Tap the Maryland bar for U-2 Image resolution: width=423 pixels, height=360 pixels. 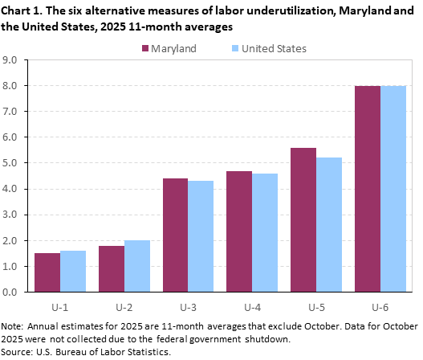pos(112,268)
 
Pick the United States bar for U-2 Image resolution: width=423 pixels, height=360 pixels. pos(137,266)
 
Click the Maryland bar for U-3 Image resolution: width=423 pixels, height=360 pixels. pos(176,235)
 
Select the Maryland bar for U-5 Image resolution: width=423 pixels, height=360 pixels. pos(303,219)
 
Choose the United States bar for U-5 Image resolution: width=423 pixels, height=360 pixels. pos(329,224)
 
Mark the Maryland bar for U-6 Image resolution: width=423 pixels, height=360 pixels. pos(368,189)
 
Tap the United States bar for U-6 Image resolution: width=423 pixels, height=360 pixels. pos(393,189)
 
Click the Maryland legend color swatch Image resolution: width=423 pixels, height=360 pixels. pos(146,48)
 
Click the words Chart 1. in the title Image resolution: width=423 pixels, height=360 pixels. pos(26,9)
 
